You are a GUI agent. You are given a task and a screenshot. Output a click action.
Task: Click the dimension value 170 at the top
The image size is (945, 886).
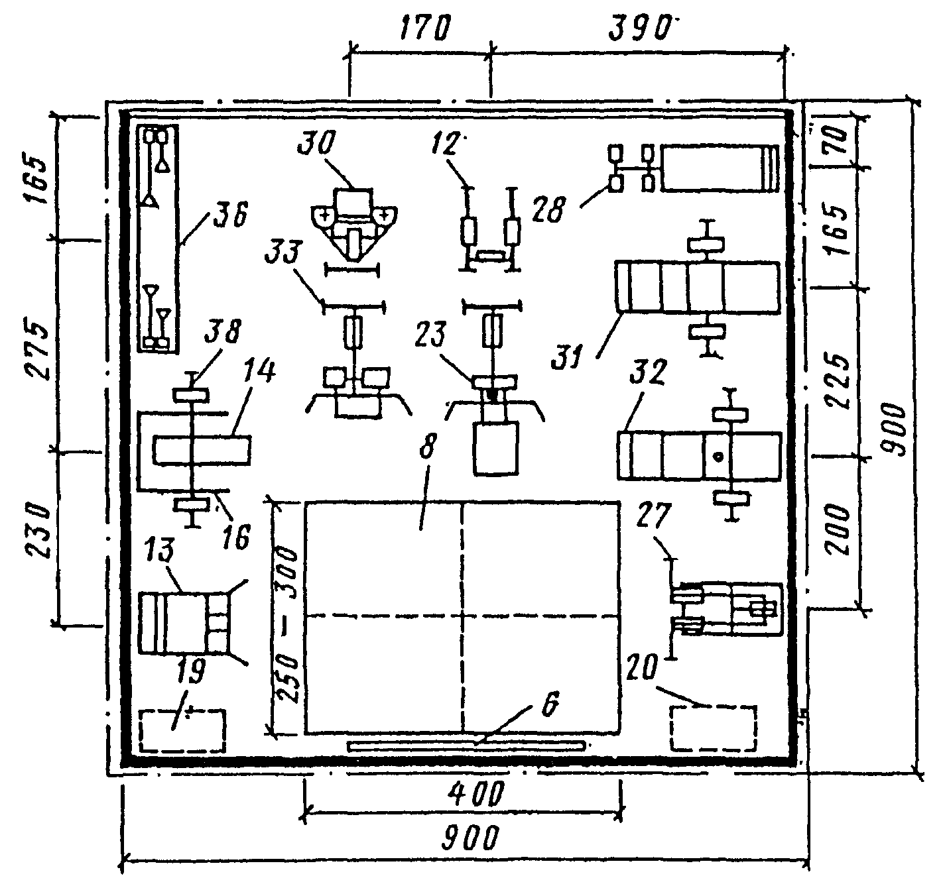(x=426, y=30)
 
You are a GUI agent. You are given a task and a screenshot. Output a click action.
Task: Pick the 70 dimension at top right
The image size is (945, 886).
(x=837, y=140)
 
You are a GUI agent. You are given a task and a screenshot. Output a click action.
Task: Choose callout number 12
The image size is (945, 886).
(x=446, y=142)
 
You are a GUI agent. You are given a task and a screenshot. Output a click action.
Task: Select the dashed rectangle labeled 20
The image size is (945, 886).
(x=713, y=729)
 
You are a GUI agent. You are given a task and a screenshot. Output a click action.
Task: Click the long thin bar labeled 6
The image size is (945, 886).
(x=466, y=746)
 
